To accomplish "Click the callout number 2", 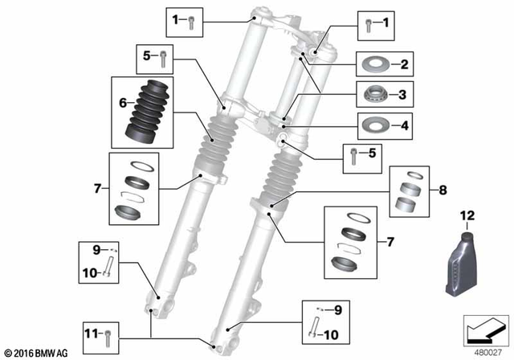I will [406, 64].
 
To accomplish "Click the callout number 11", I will [91, 331].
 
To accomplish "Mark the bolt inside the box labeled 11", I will [109, 331].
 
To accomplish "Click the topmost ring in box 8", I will [409, 176].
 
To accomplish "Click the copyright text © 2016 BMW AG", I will [35, 352].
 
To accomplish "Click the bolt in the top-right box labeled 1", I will [368, 24].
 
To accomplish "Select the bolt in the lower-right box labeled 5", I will [354, 155].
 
